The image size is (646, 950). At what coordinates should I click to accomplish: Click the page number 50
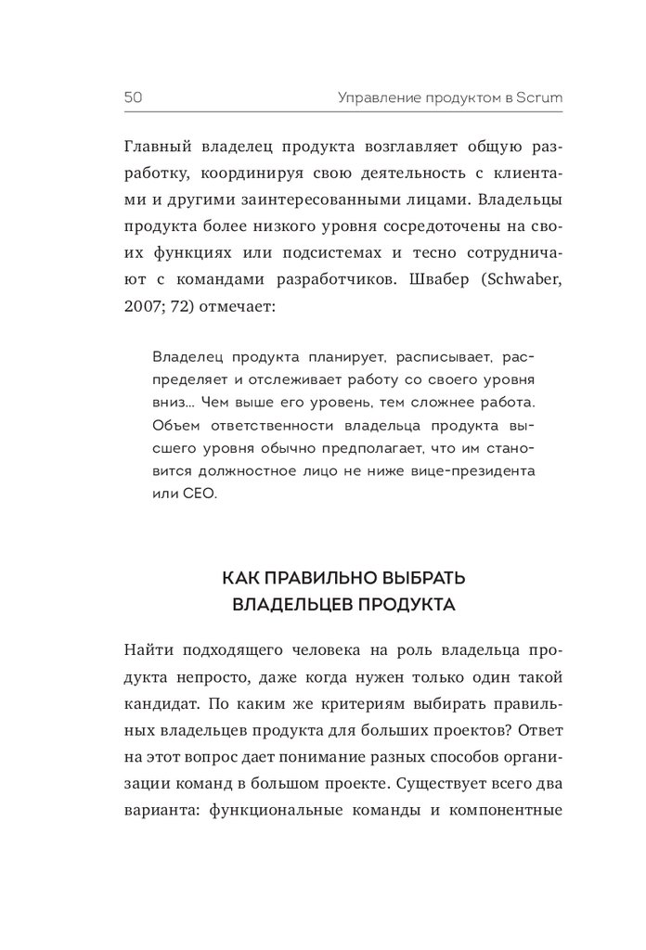click(131, 96)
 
